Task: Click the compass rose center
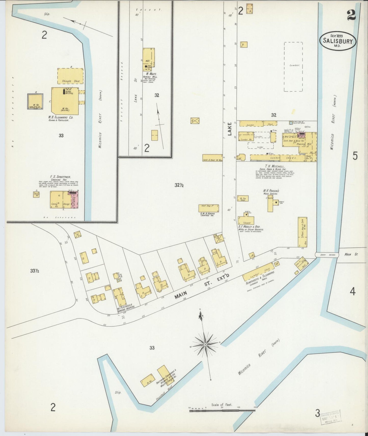pyautogui.click(x=205, y=344)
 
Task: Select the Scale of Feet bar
pyautogui.click(x=222, y=410)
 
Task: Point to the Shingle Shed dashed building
pyautogui.click(x=70, y=76)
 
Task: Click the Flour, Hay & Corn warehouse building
pyautogui.click(x=302, y=232)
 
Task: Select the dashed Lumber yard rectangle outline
pyautogui.click(x=293, y=67)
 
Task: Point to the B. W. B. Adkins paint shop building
pyautogui.click(x=209, y=208)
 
